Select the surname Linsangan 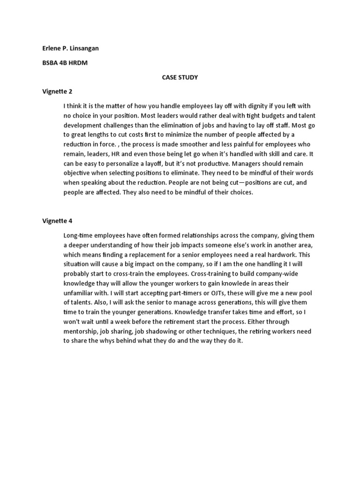[x=85, y=49]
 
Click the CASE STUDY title [x=180, y=77]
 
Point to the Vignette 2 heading [x=57, y=91]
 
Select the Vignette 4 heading [x=57, y=220]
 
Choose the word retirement [x=183, y=321]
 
